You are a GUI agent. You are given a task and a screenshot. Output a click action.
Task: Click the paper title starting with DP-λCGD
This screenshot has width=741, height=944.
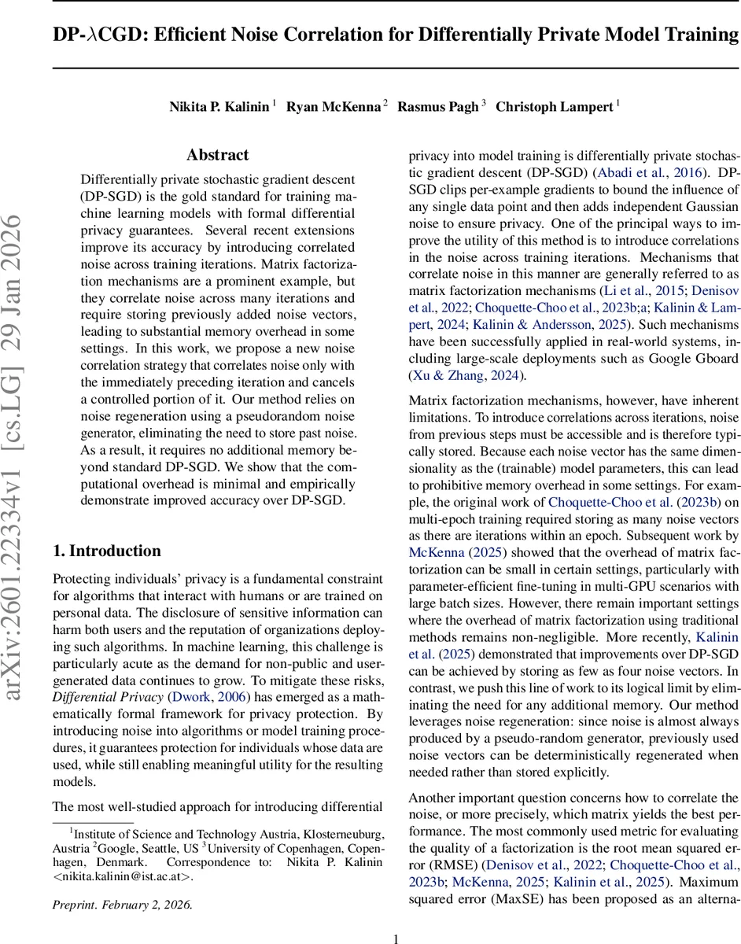point(396,35)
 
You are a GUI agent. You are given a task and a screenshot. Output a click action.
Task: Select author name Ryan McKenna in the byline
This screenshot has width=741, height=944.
point(334,107)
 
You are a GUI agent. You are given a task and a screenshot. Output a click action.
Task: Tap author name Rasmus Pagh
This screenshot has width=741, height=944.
point(439,107)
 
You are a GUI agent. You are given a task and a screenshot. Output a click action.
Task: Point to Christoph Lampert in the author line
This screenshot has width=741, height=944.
point(554,107)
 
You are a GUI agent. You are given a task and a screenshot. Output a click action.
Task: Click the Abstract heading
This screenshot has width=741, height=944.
point(218,155)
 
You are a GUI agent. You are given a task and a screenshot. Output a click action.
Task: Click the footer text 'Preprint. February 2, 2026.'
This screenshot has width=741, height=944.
point(122,905)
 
